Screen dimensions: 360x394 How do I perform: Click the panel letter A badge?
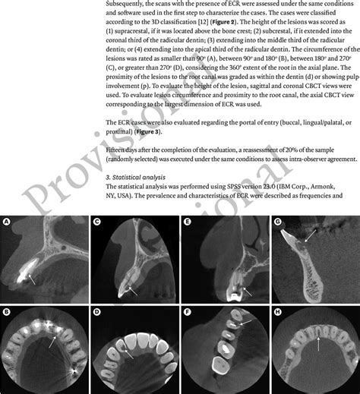click(8, 222)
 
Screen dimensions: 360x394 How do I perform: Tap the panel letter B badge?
click(8, 311)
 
